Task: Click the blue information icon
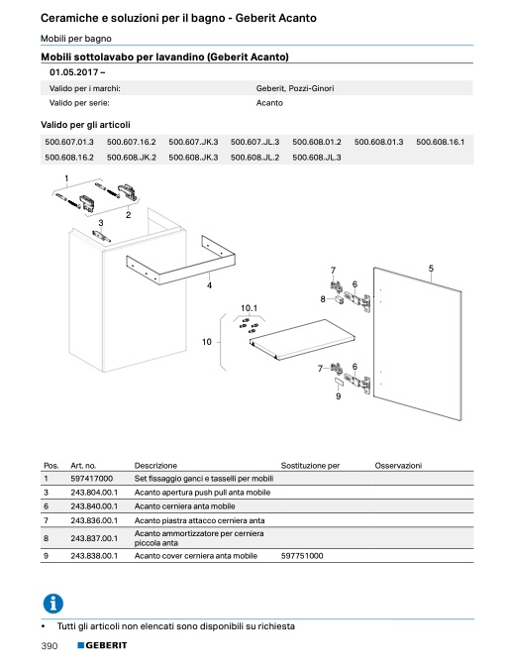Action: (53, 604)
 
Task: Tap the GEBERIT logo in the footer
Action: (102, 645)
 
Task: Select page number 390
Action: (50, 646)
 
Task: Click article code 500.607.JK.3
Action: (193, 142)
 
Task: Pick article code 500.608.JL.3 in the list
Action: (317, 157)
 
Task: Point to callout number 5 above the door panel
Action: (431, 269)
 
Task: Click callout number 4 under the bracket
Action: (209, 285)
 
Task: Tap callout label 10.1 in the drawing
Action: (249, 308)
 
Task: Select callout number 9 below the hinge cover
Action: (339, 396)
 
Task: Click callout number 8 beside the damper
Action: (323, 299)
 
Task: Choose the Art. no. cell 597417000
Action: (91, 479)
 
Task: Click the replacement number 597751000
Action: (302, 556)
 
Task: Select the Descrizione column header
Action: (155, 466)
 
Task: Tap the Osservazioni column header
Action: (398, 466)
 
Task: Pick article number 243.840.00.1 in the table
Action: (94, 506)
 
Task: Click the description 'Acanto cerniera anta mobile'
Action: (185, 506)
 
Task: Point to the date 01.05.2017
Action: (74, 72)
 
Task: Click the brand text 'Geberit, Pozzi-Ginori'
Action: (295, 88)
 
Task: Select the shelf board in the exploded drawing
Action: (302, 339)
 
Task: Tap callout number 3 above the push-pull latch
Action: (101, 223)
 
